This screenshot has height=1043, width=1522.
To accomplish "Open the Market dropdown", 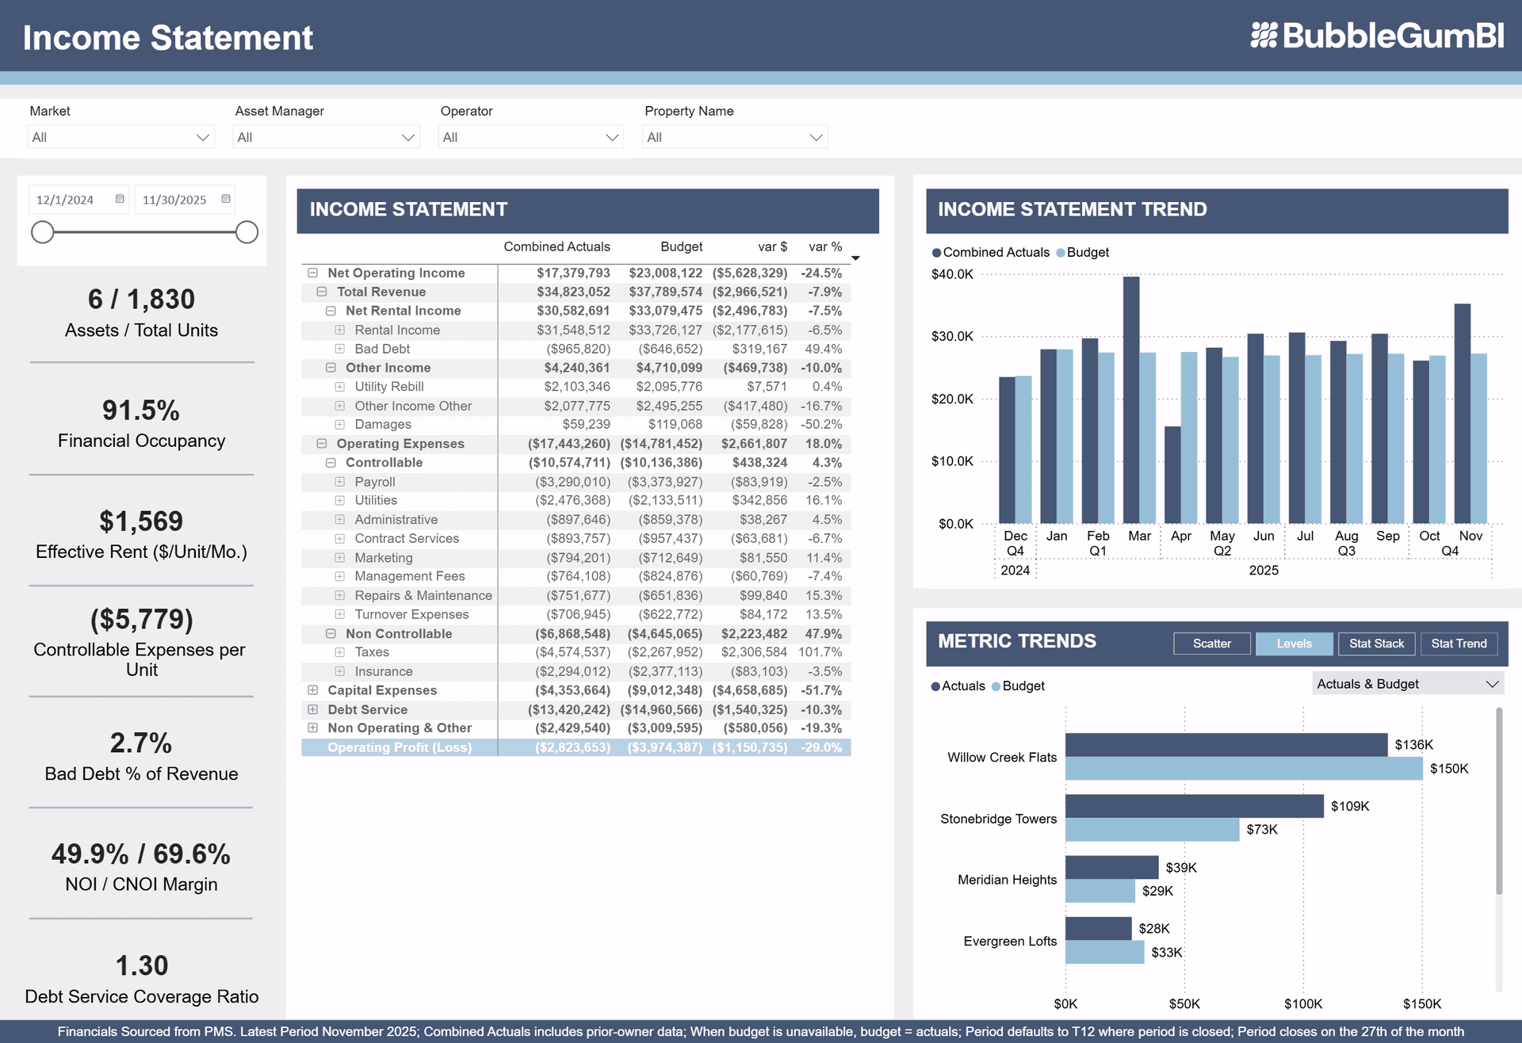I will [120, 137].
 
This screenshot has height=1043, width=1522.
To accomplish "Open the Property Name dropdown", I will [735, 137].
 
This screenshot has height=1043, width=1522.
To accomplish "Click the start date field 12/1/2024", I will [66, 200].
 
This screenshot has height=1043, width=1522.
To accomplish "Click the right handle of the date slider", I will [247, 232].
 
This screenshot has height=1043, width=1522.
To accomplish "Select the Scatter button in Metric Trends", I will [1211, 644].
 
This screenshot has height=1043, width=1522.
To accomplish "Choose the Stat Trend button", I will [1459, 644].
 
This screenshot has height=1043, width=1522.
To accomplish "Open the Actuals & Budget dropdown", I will [1407, 684].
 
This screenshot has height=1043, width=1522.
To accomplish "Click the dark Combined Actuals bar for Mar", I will [1131, 400].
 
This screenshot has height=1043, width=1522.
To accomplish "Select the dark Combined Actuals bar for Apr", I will [1172, 475].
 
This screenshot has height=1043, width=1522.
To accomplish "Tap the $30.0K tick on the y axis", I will [952, 336].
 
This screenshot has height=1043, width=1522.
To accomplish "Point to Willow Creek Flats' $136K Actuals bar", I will [1226, 744].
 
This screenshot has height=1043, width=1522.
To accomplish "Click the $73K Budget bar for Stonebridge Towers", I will [1151, 830].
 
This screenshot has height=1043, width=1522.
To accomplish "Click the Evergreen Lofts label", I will [1009, 941].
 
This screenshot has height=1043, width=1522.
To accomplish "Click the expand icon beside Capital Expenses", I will [313, 690].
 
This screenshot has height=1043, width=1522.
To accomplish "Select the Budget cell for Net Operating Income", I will [665, 273].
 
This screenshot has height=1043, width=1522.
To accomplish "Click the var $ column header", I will [772, 246].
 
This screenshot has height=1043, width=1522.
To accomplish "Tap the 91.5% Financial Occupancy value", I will [141, 411].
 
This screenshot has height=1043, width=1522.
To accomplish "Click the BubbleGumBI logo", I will [1377, 36].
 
